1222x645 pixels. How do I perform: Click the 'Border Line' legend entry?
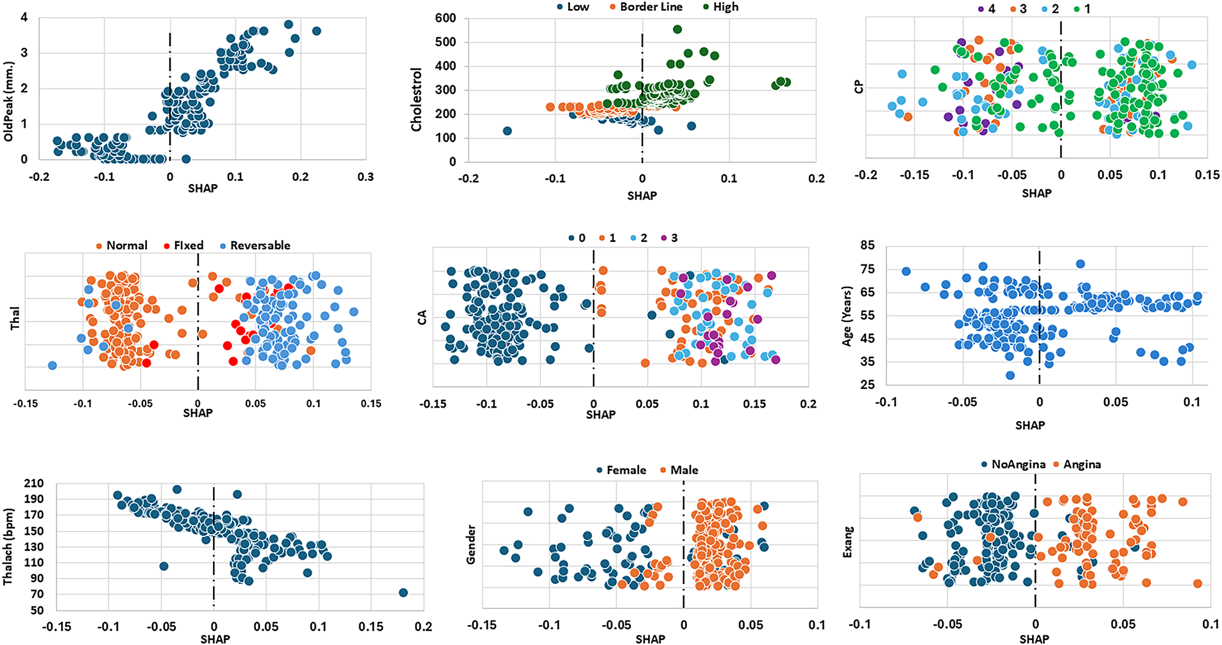(650, 7)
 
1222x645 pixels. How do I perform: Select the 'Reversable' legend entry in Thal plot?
(260, 246)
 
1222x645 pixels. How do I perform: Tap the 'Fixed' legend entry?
(188, 246)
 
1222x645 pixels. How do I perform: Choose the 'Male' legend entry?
(684, 470)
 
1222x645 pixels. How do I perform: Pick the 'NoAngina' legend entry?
(1018, 465)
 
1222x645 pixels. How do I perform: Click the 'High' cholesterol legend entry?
(726, 7)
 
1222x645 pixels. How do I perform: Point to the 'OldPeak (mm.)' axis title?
(9, 101)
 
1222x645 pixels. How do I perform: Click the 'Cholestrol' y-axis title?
(417, 99)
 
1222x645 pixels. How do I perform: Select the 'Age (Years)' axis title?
(847, 316)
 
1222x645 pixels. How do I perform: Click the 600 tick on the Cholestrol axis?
(445, 19)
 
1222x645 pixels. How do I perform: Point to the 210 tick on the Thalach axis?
(35, 483)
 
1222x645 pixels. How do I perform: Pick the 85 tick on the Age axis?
(867, 246)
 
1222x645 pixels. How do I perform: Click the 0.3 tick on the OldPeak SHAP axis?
(365, 177)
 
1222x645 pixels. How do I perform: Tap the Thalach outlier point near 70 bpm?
(403, 592)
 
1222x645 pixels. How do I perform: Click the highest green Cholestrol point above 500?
(677, 29)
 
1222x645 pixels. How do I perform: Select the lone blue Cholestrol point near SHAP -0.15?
(507, 131)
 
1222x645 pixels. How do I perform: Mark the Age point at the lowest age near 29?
(1010, 375)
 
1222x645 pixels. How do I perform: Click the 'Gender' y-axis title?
(471, 545)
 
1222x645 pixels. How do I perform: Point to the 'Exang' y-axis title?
(848, 542)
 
